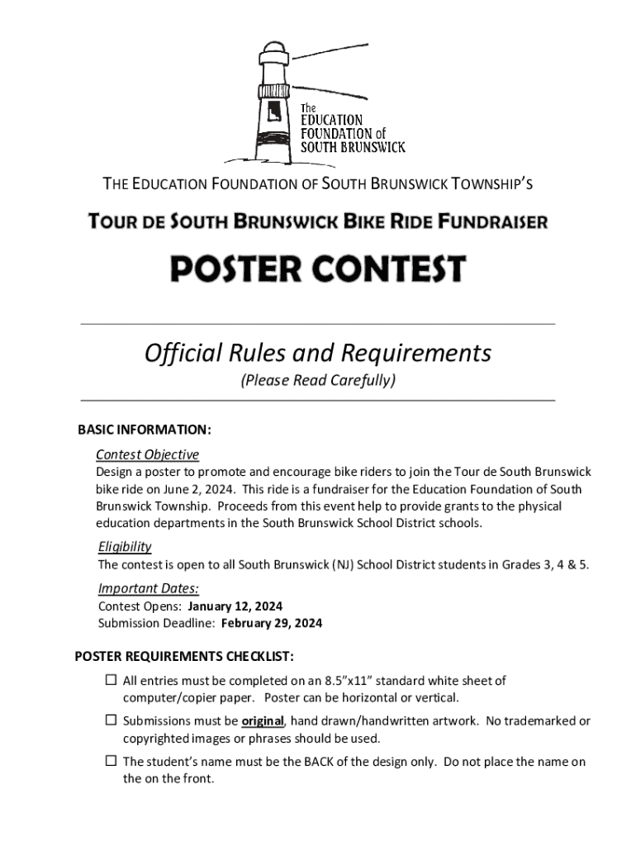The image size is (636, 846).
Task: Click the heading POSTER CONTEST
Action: [x=318, y=269]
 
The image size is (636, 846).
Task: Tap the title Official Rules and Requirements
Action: [x=318, y=354]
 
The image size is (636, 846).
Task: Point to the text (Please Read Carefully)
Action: [x=318, y=381]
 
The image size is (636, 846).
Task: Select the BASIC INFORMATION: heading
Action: [x=145, y=430]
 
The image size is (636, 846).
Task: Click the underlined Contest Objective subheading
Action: [x=147, y=454]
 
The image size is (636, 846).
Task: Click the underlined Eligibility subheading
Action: [x=125, y=547]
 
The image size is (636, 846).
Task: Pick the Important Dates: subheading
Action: [x=149, y=588]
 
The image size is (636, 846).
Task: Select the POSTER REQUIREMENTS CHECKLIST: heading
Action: [x=184, y=657]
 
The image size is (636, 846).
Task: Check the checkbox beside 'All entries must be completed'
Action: [x=111, y=681]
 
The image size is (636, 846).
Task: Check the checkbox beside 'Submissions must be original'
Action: [x=111, y=720]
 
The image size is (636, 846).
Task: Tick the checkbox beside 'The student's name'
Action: [x=111, y=761]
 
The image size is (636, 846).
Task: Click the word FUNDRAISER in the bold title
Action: [x=493, y=222]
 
